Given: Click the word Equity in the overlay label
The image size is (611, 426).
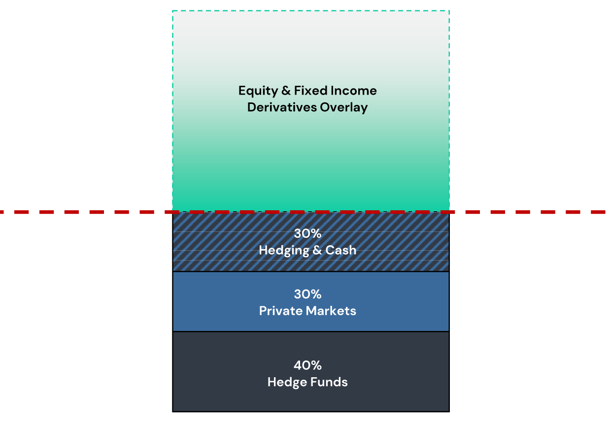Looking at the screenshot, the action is click(x=258, y=91).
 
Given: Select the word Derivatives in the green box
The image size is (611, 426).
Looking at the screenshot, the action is click(x=281, y=107).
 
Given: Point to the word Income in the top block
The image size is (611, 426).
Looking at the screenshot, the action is click(x=354, y=91).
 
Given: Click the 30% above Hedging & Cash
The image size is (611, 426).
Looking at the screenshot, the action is click(x=307, y=233).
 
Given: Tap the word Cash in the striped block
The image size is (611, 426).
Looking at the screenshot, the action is click(x=341, y=250).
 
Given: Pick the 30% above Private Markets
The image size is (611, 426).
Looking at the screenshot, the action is click(x=307, y=295).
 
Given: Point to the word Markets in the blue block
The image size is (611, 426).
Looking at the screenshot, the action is click(x=331, y=311).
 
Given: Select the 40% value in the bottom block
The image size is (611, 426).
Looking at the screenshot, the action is click(x=307, y=365).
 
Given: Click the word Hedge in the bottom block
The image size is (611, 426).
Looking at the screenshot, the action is click(x=287, y=383).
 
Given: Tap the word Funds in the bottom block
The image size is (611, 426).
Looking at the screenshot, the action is click(x=329, y=382).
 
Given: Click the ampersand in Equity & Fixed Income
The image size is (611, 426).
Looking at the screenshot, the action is click(x=286, y=91).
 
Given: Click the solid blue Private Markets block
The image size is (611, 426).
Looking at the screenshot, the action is click(x=311, y=302).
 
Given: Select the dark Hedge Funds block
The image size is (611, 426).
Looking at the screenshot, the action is click(x=311, y=372).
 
